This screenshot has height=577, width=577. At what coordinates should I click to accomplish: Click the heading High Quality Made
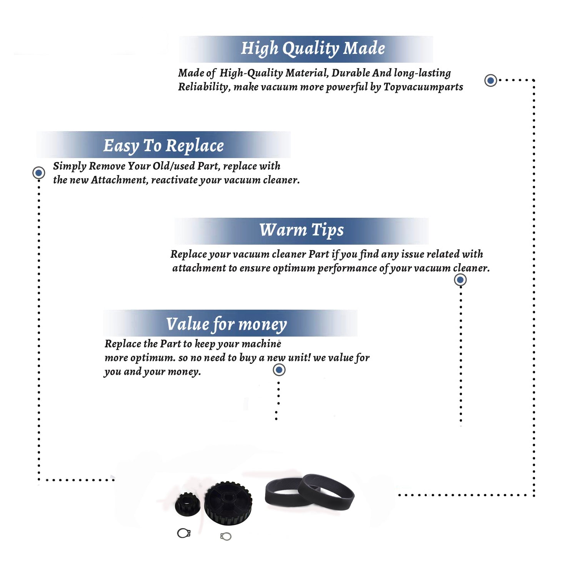(x=313, y=49)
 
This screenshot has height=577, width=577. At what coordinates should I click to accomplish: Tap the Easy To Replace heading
(x=163, y=146)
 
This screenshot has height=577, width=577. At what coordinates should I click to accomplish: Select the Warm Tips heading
(x=302, y=230)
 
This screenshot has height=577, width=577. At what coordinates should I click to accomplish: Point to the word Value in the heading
(x=187, y=324)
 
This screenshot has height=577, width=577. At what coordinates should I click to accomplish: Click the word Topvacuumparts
(x=423, y=87)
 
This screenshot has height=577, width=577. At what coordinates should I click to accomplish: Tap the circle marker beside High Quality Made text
(x=490, y=80)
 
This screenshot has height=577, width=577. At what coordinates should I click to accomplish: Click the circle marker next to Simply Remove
(x=38, y=173)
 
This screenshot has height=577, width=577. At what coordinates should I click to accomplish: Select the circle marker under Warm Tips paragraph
(x=460, y=280)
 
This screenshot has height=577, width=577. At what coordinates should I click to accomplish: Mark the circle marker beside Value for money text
(x=279, y=370)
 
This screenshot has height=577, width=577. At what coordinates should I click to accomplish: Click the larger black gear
(x=228, y=503)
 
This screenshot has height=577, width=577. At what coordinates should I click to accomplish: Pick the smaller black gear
(x=188, y=504)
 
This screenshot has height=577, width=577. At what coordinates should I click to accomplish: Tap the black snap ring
(x=184, y=533)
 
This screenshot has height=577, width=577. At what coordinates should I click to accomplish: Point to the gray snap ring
(x=226, y=536)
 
